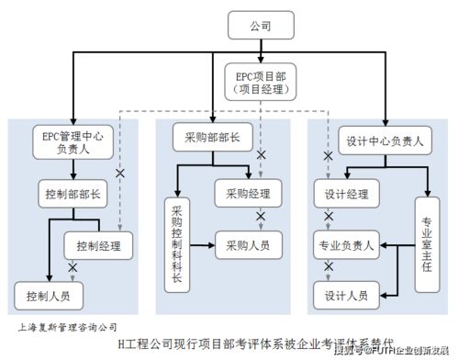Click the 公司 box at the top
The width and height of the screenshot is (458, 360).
(261, 27)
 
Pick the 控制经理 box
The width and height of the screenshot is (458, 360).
(97, 244)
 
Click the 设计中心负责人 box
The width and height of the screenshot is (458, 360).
(385, 141)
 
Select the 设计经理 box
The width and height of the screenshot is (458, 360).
(346, 194)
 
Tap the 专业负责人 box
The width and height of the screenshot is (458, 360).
(346, 245)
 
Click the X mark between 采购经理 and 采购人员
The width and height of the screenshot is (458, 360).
(261, 217)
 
